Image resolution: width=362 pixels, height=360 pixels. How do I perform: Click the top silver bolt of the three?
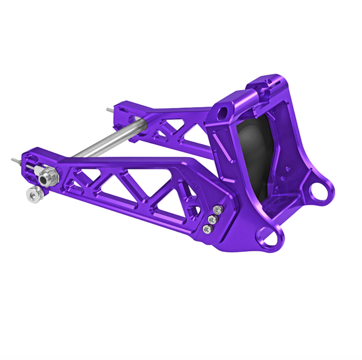pos(217,210)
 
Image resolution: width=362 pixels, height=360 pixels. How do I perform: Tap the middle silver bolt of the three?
pos(212,219)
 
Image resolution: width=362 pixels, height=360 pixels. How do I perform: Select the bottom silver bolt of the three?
pos(207,229)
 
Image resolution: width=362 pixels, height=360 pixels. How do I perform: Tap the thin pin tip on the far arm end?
pos(109,110)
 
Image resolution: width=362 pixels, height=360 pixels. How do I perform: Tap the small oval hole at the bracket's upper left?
pos(223,112)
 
